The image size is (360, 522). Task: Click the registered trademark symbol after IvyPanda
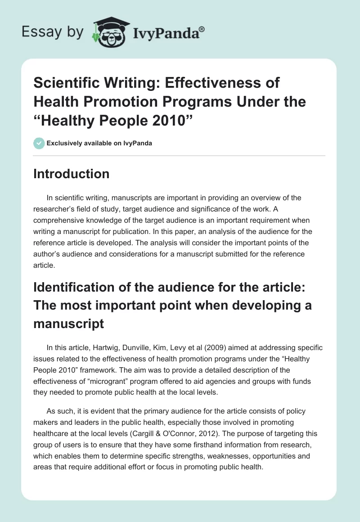pyautogui.click(x=202, y=29)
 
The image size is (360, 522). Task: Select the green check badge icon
pyautogui.click(x=39, y=144)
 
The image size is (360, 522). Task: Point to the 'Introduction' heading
pyautogui.click(x=71, y=174)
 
